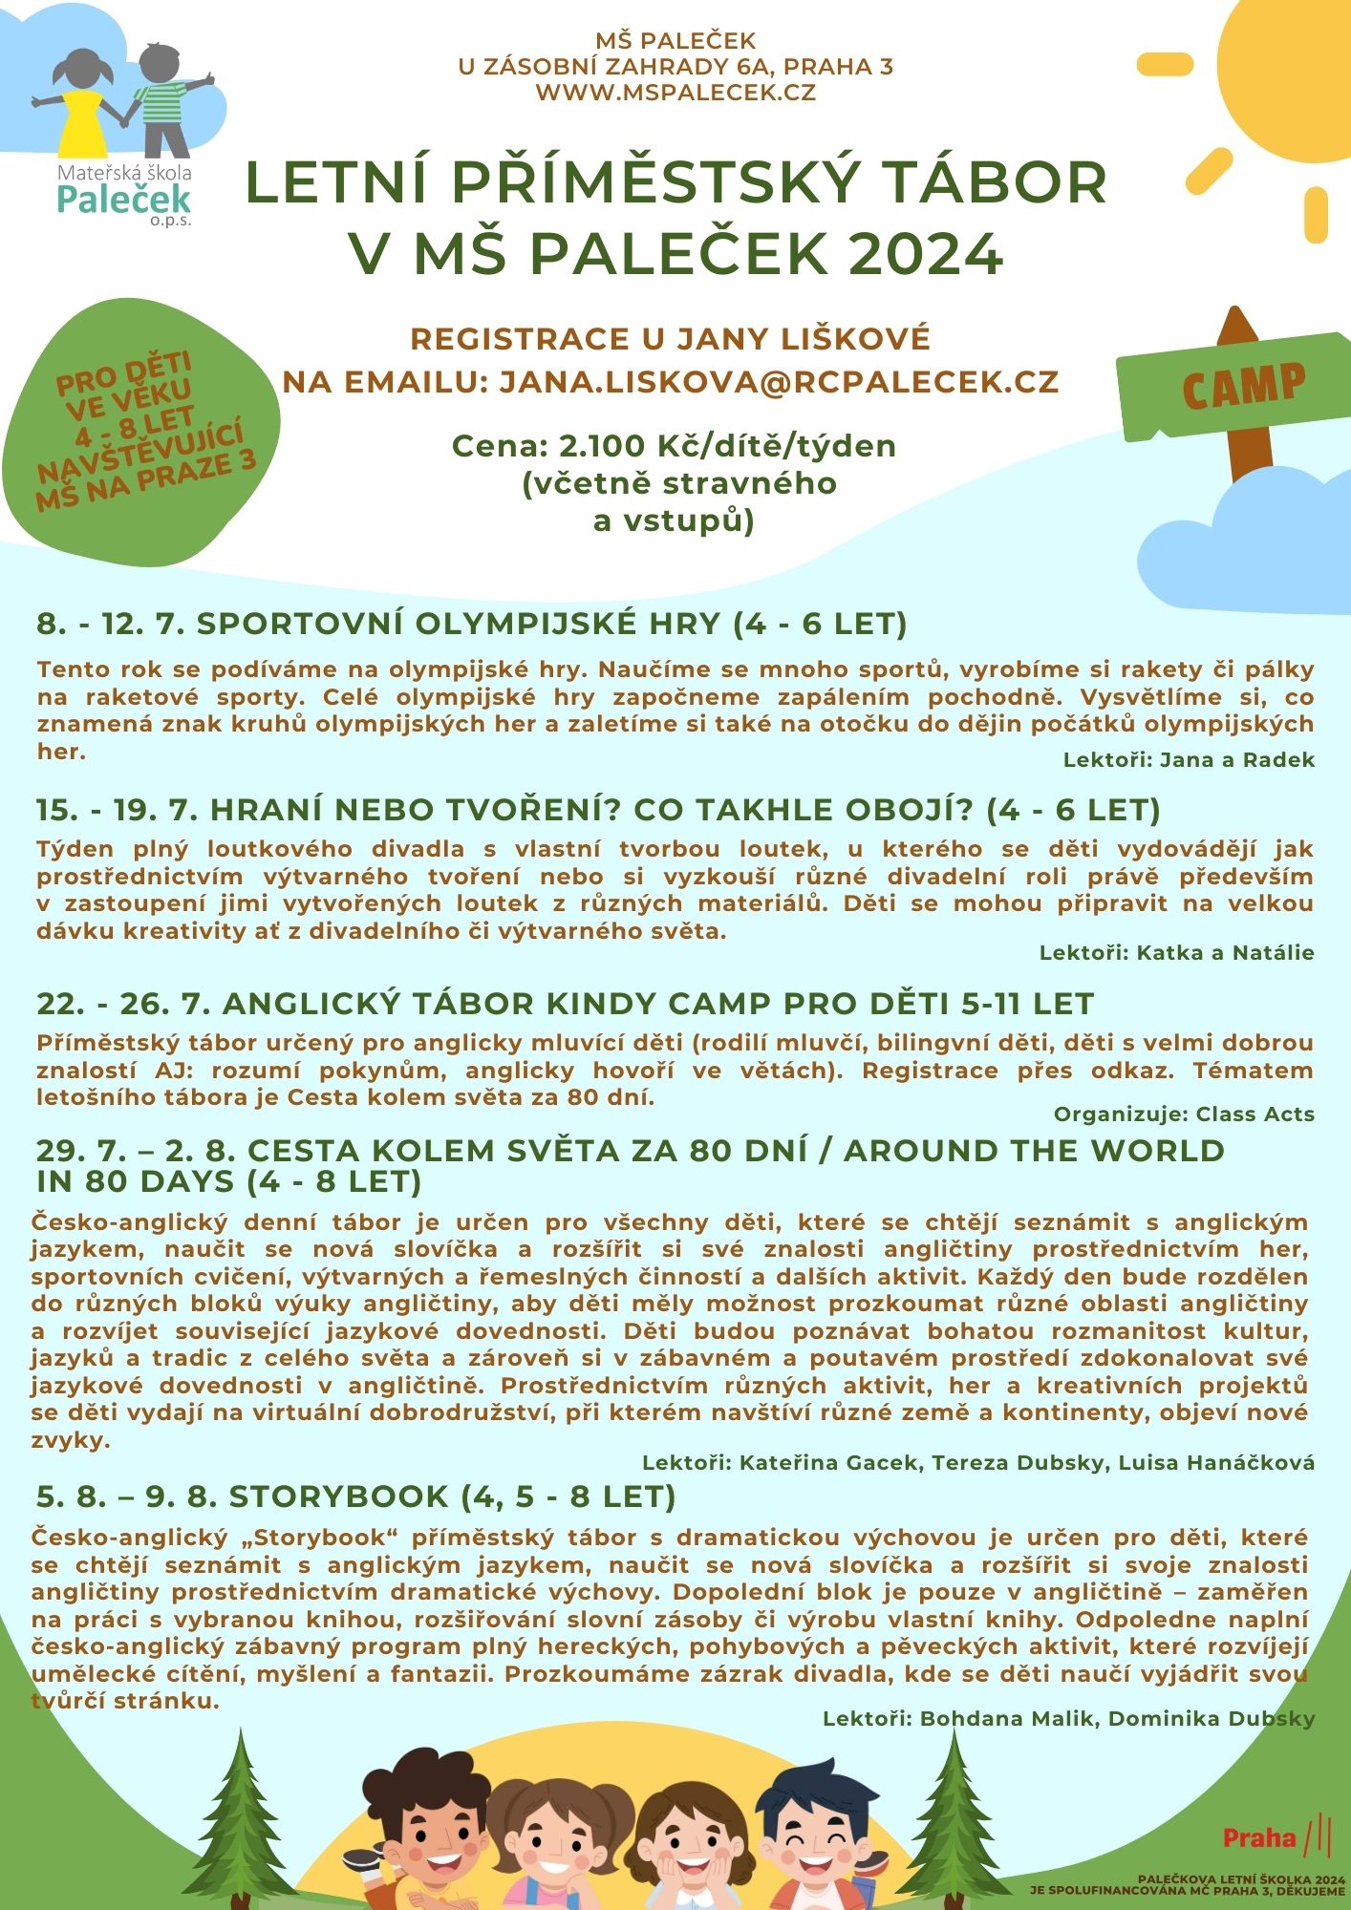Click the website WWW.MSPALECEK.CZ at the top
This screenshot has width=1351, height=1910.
coord(675,93)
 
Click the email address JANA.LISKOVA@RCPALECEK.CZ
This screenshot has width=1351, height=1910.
coord(779,382)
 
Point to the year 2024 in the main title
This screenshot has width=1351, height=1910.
coord(925,253)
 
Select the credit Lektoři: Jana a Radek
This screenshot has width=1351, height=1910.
coord(1189,760)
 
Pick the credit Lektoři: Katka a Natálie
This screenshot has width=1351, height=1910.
coord(1176,952)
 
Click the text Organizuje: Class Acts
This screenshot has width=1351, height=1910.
coord(1184,1114)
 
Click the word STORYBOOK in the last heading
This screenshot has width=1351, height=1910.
coord(338,1496)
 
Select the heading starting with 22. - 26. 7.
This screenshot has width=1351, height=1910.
coord(565,1004)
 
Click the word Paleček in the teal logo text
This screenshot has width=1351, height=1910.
coord(123,199)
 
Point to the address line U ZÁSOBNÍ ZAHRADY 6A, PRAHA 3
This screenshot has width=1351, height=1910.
coord(675,67)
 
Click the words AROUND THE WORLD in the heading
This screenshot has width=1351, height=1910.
coord(1034,1151)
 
